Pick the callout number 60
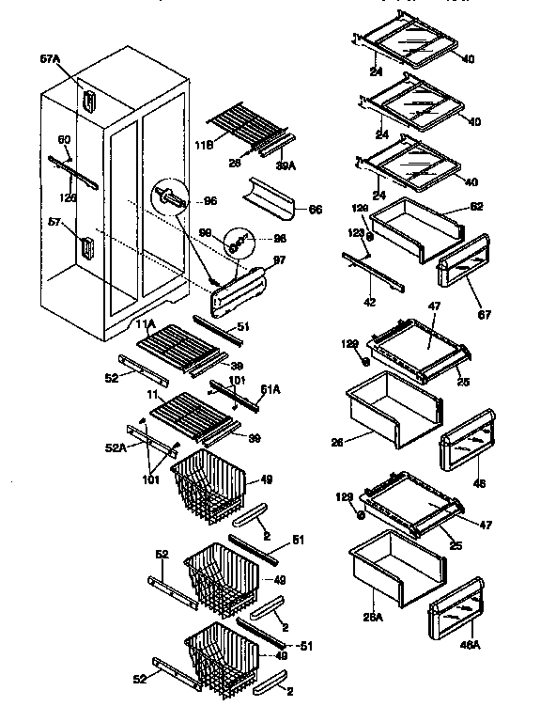[x=65, y=140]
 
